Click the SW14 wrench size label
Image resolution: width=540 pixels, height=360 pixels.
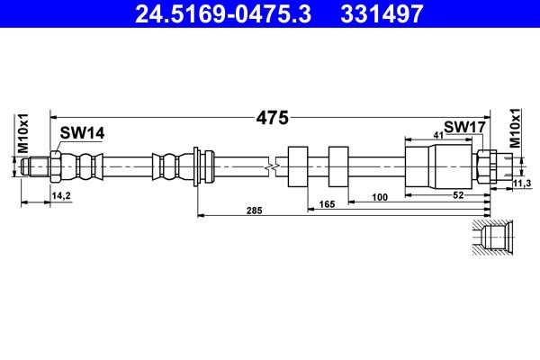[x=82, y=133]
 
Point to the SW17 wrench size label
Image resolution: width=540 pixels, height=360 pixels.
[x=464, y=128]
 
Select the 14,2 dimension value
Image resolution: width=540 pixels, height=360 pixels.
[x=62, y=194]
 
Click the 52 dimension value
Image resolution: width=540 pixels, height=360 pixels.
[x=459, y=194]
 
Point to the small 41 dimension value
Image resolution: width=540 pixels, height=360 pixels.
[x=438, y=135]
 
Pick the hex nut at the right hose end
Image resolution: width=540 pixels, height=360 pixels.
[x=482, y=166]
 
